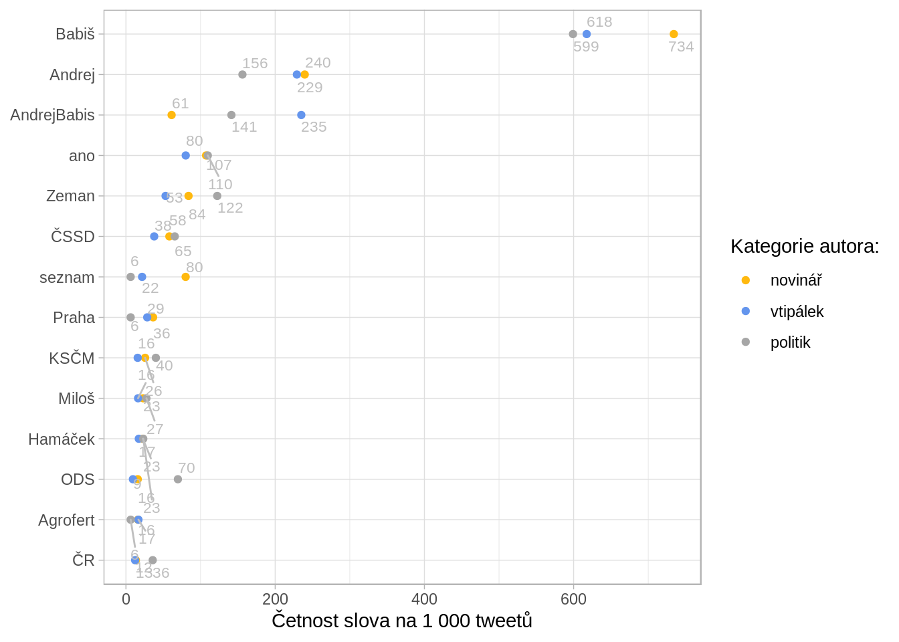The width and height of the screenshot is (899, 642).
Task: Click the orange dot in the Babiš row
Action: (674, 34)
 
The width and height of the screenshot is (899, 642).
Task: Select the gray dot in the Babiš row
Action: (573, 34)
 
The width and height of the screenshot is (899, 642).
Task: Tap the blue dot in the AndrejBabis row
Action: (301, 115)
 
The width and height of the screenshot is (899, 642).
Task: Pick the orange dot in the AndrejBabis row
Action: (171, 115)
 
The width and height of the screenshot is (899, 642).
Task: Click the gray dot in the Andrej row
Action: (242, 74)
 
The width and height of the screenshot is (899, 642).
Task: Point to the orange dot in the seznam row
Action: (185, 277)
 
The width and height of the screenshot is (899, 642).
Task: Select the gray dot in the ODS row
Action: (178, 479)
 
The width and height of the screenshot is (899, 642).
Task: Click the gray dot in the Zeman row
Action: (217, 196)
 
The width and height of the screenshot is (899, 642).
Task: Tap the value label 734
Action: (681, 47)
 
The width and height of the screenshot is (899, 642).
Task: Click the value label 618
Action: (599, 22)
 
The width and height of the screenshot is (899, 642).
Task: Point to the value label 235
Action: (314, 127)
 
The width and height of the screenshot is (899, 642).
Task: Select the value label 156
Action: (255, 64)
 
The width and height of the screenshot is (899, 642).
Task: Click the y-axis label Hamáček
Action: (62, 439)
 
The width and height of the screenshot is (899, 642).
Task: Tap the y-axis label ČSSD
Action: (73, 237)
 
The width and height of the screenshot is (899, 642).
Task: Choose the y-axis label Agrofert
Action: (66, 520)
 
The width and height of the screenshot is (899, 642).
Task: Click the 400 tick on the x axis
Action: (424, 599)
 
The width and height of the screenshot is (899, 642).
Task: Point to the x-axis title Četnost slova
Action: (402, 621)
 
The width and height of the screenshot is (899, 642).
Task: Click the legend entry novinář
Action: (796, 280)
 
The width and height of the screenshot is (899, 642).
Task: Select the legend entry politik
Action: (790, 342)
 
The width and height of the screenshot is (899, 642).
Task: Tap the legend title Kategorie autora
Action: (805, 246)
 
